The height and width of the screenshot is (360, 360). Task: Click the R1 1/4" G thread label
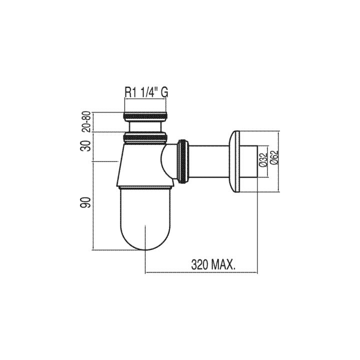click(x=146, y=92)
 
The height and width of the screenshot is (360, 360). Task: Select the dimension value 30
click(x=87, y=146)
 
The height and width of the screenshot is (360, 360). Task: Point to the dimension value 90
click(x=87, y=202)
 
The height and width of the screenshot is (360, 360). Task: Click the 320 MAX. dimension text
click(x=214, y=265)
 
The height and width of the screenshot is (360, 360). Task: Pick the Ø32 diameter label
click(x=263, y=159)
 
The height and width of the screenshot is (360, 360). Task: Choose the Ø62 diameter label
click(x=274, y=157)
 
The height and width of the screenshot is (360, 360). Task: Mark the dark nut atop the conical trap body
click(x=145, y=138)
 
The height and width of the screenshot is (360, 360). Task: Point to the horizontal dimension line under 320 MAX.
click(x=201, y=272)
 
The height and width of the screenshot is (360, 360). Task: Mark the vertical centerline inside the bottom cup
click(x=145, y=238)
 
